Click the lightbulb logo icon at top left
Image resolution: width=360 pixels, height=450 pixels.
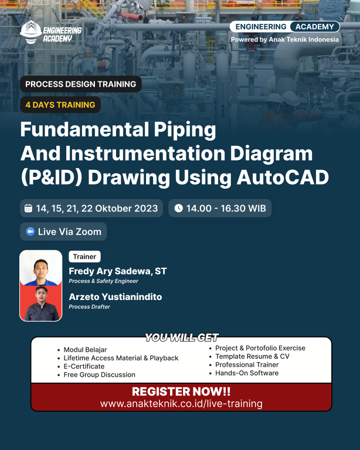[31, 32]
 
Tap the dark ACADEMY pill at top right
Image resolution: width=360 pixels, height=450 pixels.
[315, 27]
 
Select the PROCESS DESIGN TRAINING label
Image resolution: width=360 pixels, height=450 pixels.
[81, 84]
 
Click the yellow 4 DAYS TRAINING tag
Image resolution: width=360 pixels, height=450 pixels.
[60, 105]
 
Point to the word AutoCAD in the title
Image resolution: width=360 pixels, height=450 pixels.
[283, 177]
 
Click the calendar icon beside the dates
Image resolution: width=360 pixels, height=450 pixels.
[28, 208]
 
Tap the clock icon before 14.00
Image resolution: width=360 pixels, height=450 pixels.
[179, 208]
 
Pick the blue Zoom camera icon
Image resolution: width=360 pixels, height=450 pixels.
[30, 231]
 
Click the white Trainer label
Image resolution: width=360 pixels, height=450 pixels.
[84, 257]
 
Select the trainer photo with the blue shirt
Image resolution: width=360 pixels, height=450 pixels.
[41, 268]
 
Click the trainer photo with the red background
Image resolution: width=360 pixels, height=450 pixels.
[41, 303]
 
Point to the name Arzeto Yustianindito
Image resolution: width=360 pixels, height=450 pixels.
[116, 296]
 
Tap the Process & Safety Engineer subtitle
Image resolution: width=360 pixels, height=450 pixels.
[103, 281]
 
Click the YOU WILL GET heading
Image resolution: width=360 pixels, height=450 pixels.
[182, 337]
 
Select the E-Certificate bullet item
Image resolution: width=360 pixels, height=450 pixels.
[84, 366]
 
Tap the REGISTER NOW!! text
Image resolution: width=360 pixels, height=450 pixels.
[181, 391]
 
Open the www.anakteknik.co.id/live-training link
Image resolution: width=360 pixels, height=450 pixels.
[181, 404]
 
